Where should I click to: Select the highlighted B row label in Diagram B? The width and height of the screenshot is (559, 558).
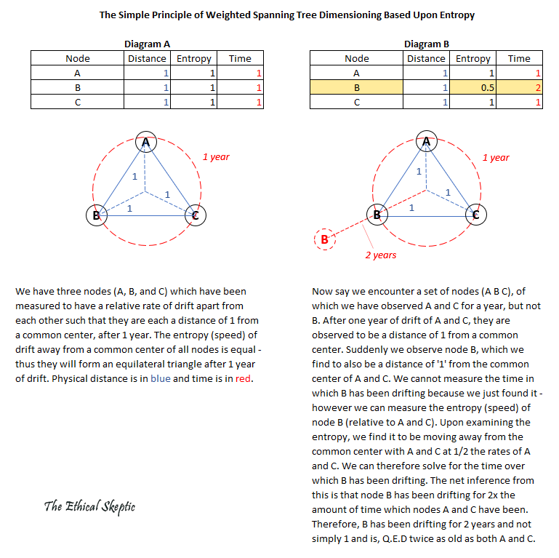[356, 87]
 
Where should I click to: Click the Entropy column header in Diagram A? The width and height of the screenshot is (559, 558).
[194, 58]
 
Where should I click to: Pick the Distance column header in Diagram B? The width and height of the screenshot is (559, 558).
[426, 58]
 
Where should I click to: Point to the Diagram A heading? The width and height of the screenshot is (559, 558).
[148, 45]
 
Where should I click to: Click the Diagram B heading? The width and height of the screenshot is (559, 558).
[427, 45]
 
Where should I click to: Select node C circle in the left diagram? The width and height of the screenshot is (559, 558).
[194, 215]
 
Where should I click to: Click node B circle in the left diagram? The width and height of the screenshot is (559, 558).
[96, 215]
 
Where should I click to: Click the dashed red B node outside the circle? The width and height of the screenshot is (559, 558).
[324, 239]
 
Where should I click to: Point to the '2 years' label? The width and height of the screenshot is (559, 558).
[380, 255]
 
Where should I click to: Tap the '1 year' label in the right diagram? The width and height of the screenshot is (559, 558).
[496, 157]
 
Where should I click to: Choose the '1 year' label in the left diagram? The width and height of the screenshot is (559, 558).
[216, 156]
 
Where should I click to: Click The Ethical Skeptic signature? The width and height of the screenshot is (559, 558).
[89, 506]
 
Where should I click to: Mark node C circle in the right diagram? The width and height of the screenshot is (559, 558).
[475, 215]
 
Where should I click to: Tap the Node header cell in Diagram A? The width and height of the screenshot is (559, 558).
[78, 58]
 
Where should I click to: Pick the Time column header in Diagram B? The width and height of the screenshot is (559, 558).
[519, 58]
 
